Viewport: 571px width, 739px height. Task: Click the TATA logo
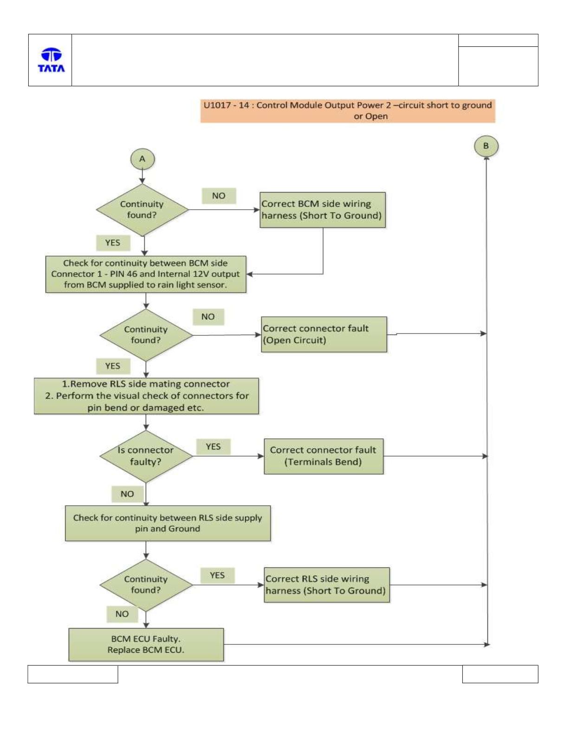click(52, 60)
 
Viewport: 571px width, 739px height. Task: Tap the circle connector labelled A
click(142, 159)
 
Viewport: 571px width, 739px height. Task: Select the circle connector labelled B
click(486, 146)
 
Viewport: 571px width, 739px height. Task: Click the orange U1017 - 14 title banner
click(347, 110)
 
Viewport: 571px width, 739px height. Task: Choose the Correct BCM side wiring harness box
click(323, 210)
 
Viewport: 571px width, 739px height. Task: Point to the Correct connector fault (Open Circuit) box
click(324, 334)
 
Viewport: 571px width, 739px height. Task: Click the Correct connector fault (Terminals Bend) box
click(324, 456)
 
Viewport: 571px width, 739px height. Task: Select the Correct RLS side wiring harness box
click(327, 585)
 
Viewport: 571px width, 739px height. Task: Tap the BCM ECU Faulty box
click(146, 644)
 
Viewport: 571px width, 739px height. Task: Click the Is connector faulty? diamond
click(146, 456)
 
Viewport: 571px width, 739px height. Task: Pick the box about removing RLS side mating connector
click(146, 396)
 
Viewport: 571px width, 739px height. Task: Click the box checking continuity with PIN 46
click(146, 274)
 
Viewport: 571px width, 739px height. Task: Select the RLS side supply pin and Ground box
click(168, 523)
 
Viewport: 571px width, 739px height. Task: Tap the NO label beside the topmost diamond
click(219, 196)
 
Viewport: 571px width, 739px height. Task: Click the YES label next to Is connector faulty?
click(213, 447)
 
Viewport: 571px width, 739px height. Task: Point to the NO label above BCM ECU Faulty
click(122, 614)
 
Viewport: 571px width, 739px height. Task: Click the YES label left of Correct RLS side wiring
click(217, 575)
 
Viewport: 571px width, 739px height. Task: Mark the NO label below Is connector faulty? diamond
click(127, 494)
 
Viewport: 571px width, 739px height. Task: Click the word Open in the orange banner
click(379, 116)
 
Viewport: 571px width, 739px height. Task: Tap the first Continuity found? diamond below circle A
click(142, 210)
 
